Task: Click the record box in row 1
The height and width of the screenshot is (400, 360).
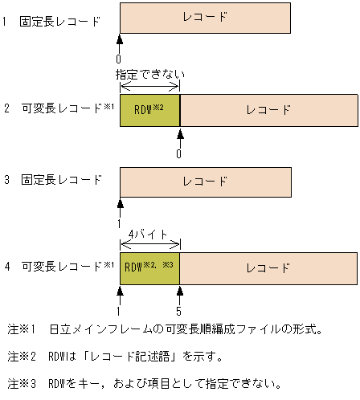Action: [205, 18]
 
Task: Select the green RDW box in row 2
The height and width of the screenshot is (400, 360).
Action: [149, 110]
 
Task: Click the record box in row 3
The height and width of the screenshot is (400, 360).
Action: [205, 182]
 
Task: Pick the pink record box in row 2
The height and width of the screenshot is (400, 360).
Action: [268, 110]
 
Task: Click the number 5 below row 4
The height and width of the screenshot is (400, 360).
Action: [179, 308]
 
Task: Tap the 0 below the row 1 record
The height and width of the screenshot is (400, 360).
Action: [119, 59]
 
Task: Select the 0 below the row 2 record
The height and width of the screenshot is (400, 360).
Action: [179, 152]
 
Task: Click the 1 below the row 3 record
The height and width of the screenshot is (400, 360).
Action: [119, 222]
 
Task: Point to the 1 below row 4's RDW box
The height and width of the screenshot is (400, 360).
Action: [119, 308]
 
